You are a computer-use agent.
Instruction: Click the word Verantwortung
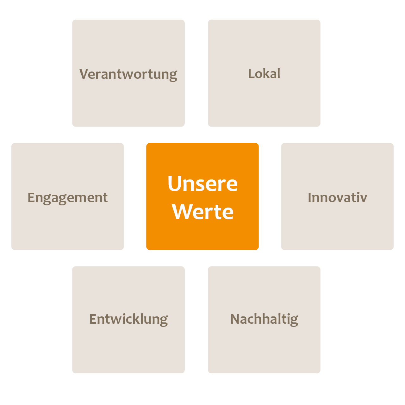[128, 75]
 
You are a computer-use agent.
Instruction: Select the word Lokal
[264, 73]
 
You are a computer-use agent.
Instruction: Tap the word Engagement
[67, 198]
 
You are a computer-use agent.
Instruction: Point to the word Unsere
[202, 184]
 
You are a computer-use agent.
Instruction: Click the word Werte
[202, 212]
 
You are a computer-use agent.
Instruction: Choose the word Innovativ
[337, 197]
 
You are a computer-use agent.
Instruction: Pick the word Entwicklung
[128, 320]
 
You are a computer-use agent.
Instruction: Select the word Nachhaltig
[264, 320]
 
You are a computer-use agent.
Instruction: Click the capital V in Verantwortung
[84, 74]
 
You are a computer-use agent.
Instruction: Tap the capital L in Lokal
[251, 73]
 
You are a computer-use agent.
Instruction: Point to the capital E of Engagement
[31, 197]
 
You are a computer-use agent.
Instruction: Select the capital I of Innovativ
[309, 197]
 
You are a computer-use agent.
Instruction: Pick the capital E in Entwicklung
[93, 319]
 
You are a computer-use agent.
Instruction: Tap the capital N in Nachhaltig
[235, 319]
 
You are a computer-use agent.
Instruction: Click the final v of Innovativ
[363, 199]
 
